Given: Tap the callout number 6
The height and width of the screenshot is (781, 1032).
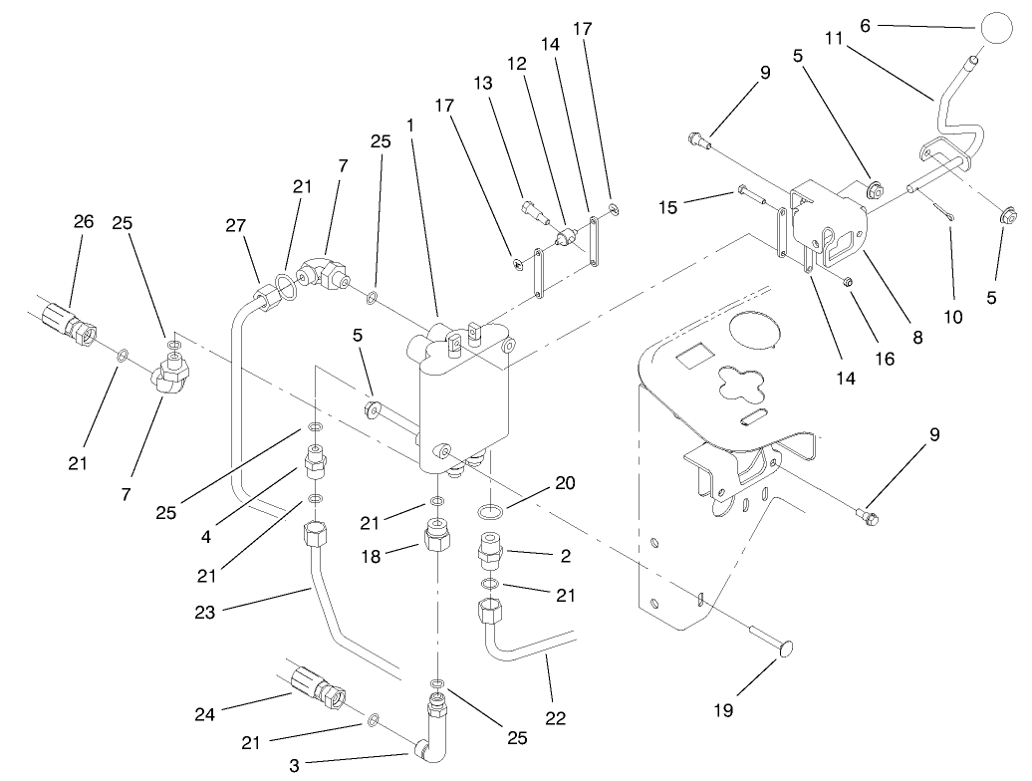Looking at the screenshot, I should coord(866,26).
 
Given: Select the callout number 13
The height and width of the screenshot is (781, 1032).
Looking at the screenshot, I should coord(487,85).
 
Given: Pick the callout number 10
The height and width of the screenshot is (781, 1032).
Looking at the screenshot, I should coord(954,318).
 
